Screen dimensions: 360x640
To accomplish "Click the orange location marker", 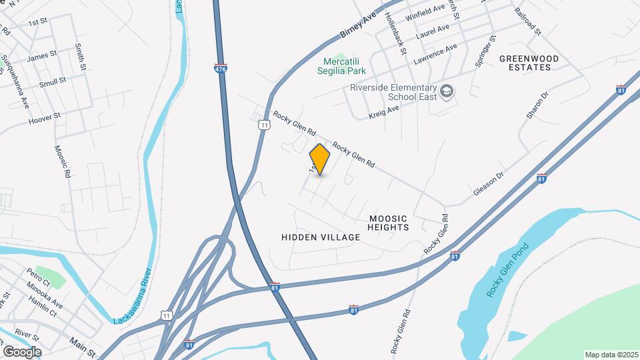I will (320, 159).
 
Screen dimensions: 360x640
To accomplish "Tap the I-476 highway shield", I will (221, 68).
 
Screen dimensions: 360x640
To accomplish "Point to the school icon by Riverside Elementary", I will (447, 91).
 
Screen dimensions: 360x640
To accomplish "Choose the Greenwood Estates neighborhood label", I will (529, 63).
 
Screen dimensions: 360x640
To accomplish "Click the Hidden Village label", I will (321, 237).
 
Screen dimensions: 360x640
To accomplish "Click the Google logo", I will (22, 351).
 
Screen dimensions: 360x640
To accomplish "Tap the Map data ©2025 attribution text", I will (611, 355).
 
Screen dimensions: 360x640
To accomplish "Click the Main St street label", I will (83, 346).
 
